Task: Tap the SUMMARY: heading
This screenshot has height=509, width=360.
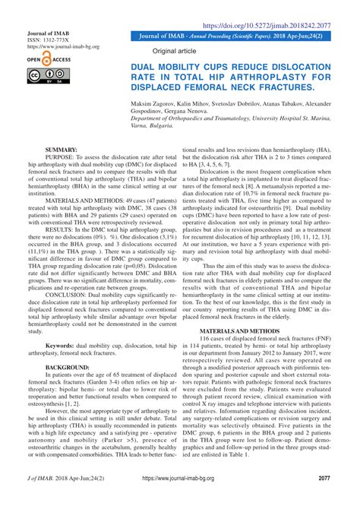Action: [x=63, y=150]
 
